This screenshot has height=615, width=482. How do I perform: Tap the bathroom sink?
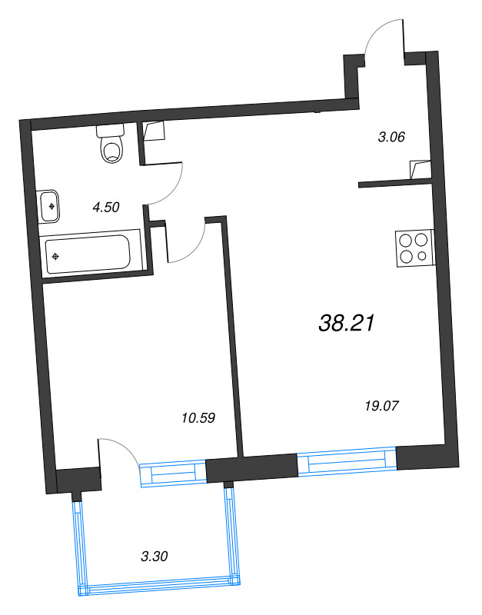pos(50,206)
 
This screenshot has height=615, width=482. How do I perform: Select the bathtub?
pos(88,253)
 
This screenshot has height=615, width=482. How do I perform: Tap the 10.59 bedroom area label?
pos(198,418)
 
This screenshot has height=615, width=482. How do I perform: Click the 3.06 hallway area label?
pos(391,137)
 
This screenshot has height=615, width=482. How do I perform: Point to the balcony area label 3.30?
pos(155,557)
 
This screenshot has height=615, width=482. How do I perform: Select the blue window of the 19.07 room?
pos(346,464)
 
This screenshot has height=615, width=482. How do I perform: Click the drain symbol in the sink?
pos(52,206)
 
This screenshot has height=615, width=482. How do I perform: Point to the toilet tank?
pos(110,130)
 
